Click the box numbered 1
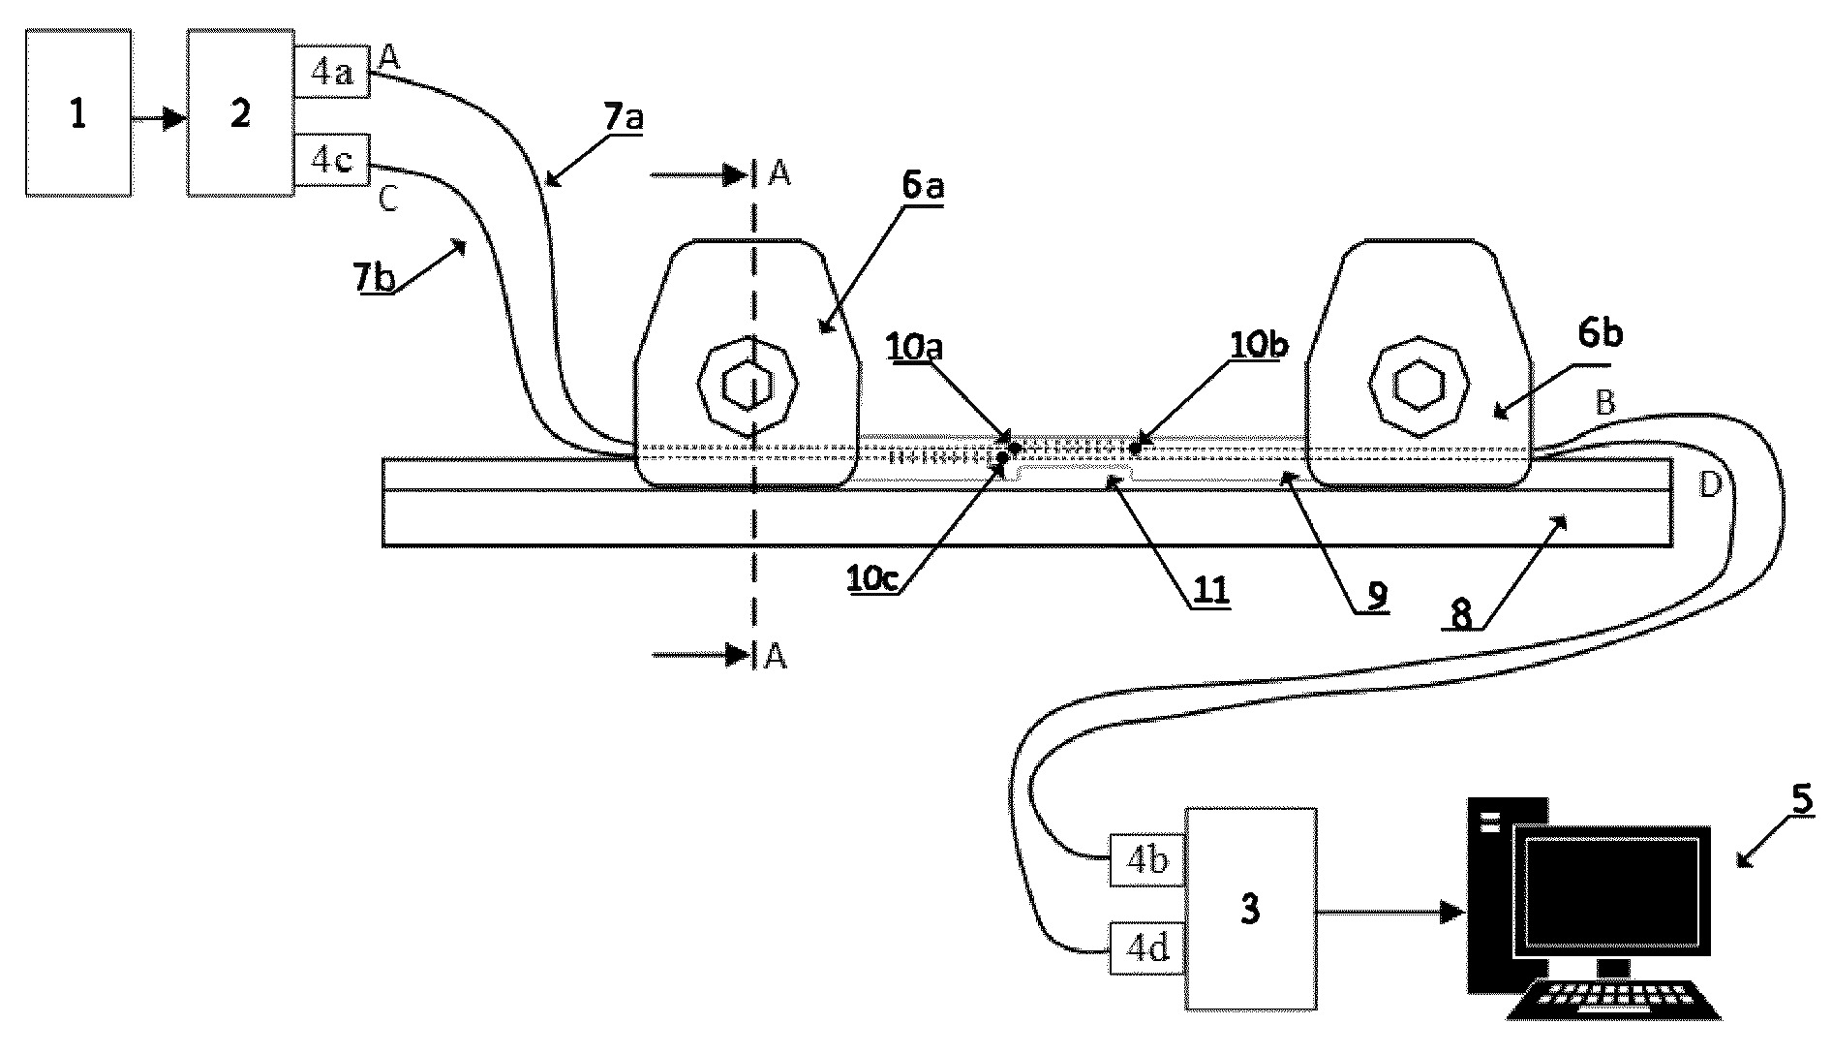pos(78,112)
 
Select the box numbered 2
pos(241,112)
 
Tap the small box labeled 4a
pos(332,71)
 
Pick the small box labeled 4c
pos(332,160)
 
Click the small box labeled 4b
pos(1147,859)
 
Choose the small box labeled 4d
pos(1147,947)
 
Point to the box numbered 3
pos(1251,909)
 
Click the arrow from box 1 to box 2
pos(160,119)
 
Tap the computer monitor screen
pos(1612,889)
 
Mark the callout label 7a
pos(624,118)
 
